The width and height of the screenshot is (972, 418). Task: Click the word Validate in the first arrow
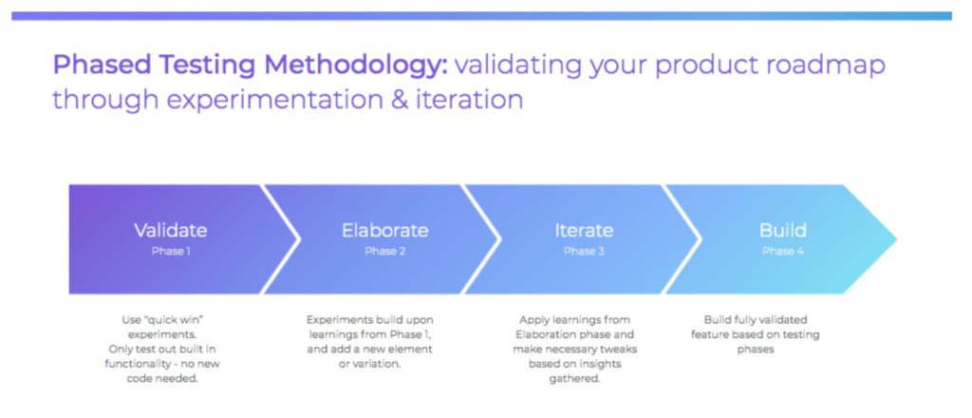tap(171, 231)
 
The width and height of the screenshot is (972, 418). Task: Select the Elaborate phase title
tap(385, 231)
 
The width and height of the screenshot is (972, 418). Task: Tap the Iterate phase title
tap(584, 231)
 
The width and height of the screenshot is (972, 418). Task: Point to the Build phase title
tap(783, 231)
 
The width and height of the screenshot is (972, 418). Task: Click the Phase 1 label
tap(171, 251)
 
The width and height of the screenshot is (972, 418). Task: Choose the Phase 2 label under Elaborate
tap(385, 251)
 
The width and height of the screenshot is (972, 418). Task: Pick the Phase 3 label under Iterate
tap(584, 251)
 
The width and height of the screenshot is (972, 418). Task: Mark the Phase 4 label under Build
tap(783, 251)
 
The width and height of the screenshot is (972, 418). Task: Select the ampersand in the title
tap(400, 99)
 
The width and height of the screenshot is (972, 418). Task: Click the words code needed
tap(162, 378)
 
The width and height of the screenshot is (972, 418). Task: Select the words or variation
tap(369, 364)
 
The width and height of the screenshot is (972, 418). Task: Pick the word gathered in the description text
tap(574, 378)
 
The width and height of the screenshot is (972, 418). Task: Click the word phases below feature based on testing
tap(756, 350)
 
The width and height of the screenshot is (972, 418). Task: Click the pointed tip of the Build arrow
tap(896, 238)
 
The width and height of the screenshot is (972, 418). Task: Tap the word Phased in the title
tap(101, 66)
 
